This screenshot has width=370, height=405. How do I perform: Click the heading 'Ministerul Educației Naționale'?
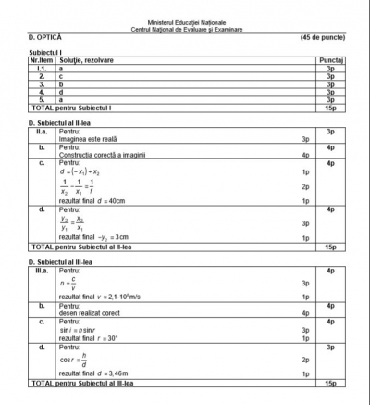pos(185,20)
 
